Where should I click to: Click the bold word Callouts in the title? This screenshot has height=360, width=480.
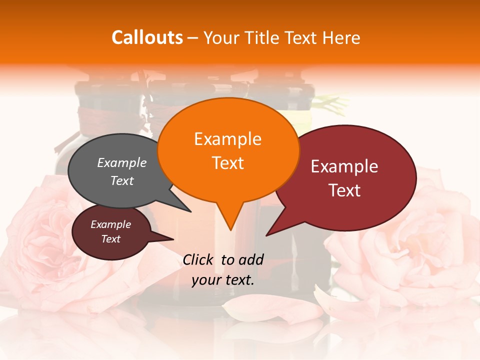click(147, 38)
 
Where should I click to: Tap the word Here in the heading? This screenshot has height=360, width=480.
click(339, 38)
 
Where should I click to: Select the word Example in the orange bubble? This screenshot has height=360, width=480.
click(227, 139)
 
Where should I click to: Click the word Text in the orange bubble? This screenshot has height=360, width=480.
click(227, 163)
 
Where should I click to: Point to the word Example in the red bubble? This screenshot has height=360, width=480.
click(344, 166)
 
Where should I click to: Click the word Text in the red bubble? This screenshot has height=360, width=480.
click(344, 190)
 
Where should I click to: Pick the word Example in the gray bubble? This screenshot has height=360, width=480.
click(122, 162)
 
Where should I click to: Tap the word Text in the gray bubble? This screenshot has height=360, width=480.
click(122, 180)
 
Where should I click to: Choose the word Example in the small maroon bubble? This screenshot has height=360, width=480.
click(110, 224)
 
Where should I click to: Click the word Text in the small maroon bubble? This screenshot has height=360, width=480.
click(110, 239)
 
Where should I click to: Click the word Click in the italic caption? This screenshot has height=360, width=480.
click(198, 259)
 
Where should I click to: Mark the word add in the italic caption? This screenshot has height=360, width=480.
click(251, 259)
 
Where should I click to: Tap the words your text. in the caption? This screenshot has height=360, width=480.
click(223, 280)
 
